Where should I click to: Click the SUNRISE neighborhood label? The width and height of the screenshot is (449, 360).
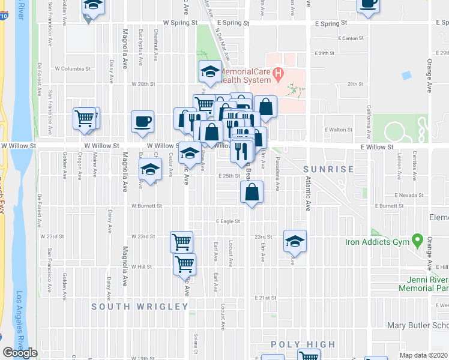click(328, 169)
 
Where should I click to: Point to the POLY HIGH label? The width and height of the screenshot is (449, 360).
click(303, 344)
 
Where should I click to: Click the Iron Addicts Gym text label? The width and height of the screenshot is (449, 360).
click(376, 242)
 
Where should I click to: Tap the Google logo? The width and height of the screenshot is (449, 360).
click(20, 353)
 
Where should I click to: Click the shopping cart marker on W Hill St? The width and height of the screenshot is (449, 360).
click(184, 263)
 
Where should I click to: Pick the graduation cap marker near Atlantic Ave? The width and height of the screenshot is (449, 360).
click(295, 241)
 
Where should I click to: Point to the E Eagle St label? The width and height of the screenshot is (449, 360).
click(228, 221)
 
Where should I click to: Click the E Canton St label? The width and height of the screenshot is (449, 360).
click(352, 38)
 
